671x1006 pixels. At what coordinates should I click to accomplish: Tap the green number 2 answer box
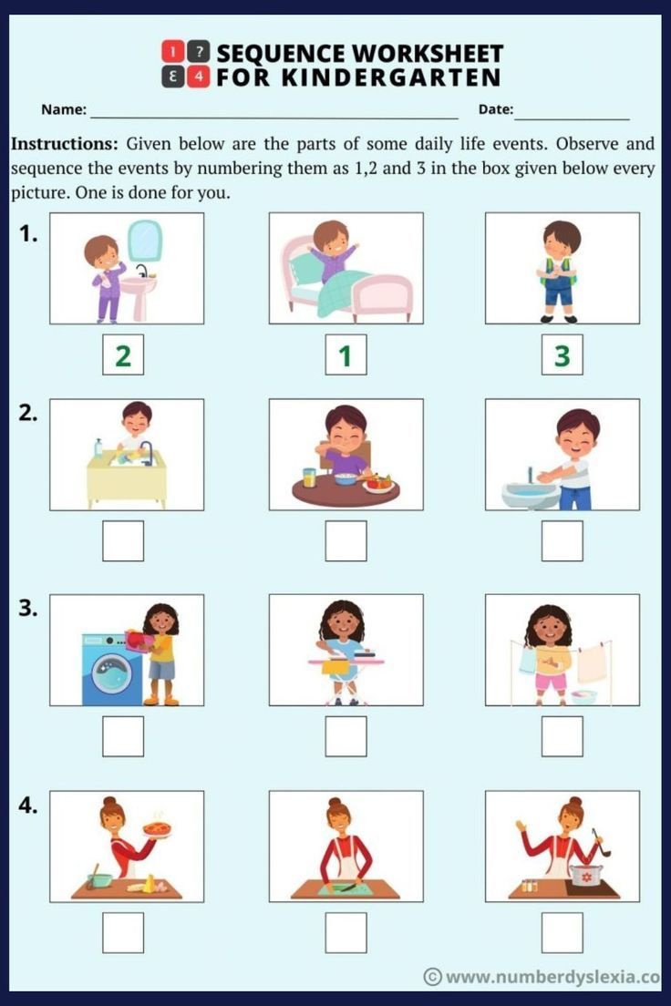[x=123, y=355]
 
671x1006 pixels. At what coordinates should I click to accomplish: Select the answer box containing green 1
[x=346, y=355]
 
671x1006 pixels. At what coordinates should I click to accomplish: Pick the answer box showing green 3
[x=562, y=355]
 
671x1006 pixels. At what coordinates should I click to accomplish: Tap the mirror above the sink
[x=144, y=240]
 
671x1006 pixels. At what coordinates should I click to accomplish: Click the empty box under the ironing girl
[x=346, y=736]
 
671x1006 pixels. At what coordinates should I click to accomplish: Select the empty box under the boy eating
[x=346, y=541]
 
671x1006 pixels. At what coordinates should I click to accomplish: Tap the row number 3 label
[x=28, y=609]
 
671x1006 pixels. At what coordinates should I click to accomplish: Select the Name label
[x=64, y=110]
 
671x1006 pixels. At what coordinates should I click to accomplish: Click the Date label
[x=496, y=110]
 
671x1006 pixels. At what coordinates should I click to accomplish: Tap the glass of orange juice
[x=309, y=477]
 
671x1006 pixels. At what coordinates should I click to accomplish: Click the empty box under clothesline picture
[x=562, y=736]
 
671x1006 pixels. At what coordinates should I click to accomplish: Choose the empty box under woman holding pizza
[x=123, y=932]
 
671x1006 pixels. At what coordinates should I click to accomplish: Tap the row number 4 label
[x=28, y=805]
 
